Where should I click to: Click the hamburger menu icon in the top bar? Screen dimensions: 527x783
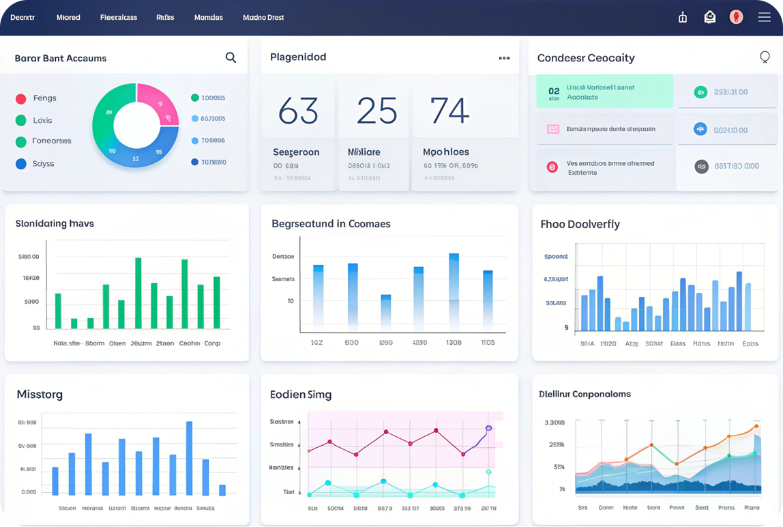pos(764,17)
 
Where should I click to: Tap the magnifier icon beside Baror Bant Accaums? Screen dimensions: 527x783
pos(231,58)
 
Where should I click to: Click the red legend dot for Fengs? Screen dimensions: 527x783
pos(20,98)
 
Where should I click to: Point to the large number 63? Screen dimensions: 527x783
pos(298,111)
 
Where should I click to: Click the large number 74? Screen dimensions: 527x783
pos(449,111)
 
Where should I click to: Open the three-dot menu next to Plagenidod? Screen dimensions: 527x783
pos(504,58)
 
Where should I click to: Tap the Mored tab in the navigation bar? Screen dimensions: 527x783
pos(68,18)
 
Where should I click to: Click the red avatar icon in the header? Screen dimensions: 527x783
pos(736,17)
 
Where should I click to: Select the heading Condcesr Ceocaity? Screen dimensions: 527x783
pos(585,58)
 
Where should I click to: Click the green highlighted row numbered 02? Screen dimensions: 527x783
pos(604,91)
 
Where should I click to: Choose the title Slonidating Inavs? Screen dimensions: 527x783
pos(55,223)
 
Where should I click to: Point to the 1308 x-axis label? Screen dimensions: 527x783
pos(453,343)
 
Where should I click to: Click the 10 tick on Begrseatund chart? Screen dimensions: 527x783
pos(291,301)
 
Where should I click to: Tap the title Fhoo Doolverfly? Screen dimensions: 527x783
pos(580,224)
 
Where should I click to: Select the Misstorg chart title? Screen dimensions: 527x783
pos(40,395)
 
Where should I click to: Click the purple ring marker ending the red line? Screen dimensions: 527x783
pos(488,428)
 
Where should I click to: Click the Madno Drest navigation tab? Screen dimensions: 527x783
pos(263,18)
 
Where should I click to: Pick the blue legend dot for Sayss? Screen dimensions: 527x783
pos(20,164)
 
